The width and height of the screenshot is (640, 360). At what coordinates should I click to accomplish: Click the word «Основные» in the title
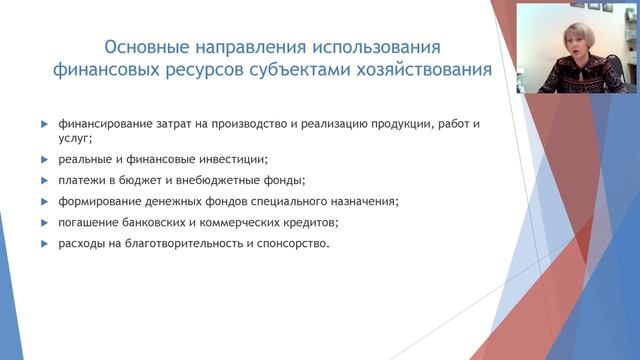(x=146, y=48)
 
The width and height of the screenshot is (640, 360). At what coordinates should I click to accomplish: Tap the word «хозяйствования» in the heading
(x=424, y=70)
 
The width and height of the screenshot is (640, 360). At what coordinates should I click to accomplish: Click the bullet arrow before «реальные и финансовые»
(x=44, y=159)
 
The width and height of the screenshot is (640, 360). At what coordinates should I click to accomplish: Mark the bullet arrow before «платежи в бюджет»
(x=44, y=180)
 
